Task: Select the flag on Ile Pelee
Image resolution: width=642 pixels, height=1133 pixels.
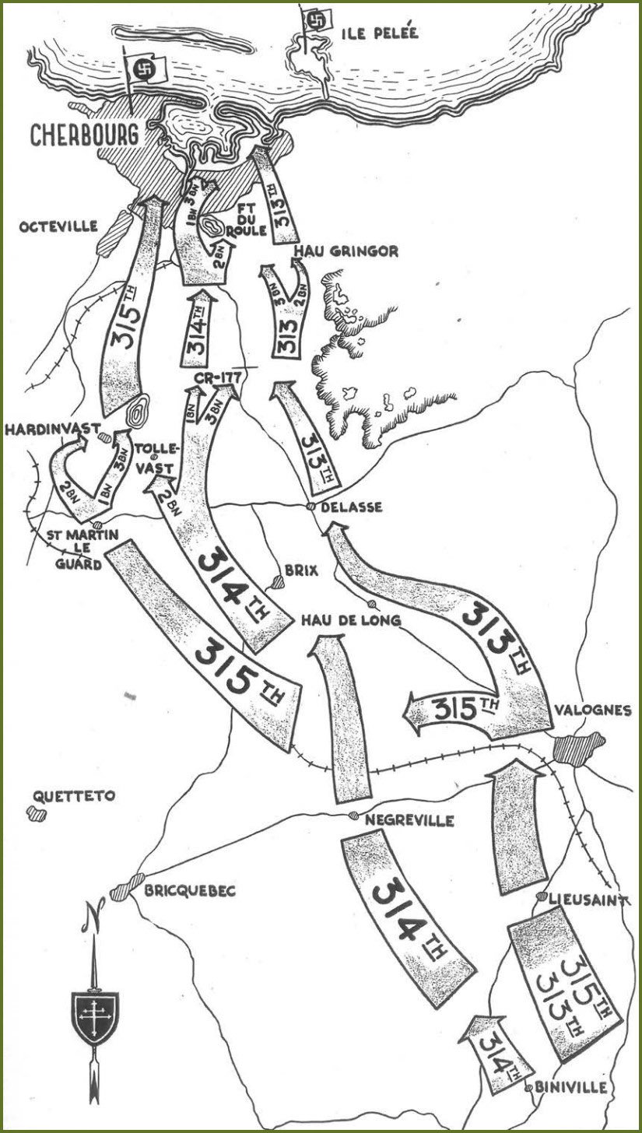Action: (316, 21)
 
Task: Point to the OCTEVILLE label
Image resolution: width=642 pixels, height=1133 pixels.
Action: (59, 226)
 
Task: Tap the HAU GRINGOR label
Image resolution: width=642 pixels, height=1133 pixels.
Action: (346, 251)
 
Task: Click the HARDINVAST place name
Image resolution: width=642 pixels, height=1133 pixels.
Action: (44, 428)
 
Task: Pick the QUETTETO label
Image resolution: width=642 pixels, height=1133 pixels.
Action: (75, 796)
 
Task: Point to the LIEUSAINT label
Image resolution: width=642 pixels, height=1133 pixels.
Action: (588, 900)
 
